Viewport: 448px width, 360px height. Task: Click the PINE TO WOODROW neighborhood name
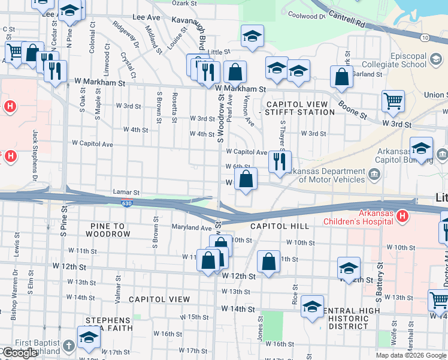click(108, 230)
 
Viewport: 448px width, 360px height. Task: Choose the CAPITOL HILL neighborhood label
click(279, 226)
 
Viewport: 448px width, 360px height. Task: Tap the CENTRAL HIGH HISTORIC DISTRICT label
click(349, 318)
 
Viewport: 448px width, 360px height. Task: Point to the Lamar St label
click(126, 193)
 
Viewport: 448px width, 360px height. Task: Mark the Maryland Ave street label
click(192, 228)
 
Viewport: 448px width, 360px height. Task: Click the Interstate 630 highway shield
click(126, 203)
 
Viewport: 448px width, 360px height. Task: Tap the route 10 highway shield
click(425, 37)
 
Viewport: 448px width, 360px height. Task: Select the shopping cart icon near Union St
click(393, 101)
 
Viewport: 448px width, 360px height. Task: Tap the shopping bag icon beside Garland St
click(341, 77)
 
